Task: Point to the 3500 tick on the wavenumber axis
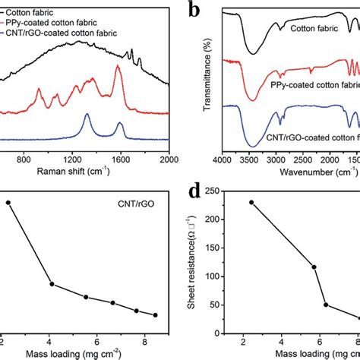click(x=257, y=160)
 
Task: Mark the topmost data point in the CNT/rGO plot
click(x=8, y=203)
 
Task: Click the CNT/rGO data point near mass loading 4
click(x=52, y=284)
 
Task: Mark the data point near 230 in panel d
click(x=251, y=203)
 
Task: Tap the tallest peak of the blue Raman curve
click(x=87, y=116)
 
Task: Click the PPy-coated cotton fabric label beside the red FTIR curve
click(x=309, y=84)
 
